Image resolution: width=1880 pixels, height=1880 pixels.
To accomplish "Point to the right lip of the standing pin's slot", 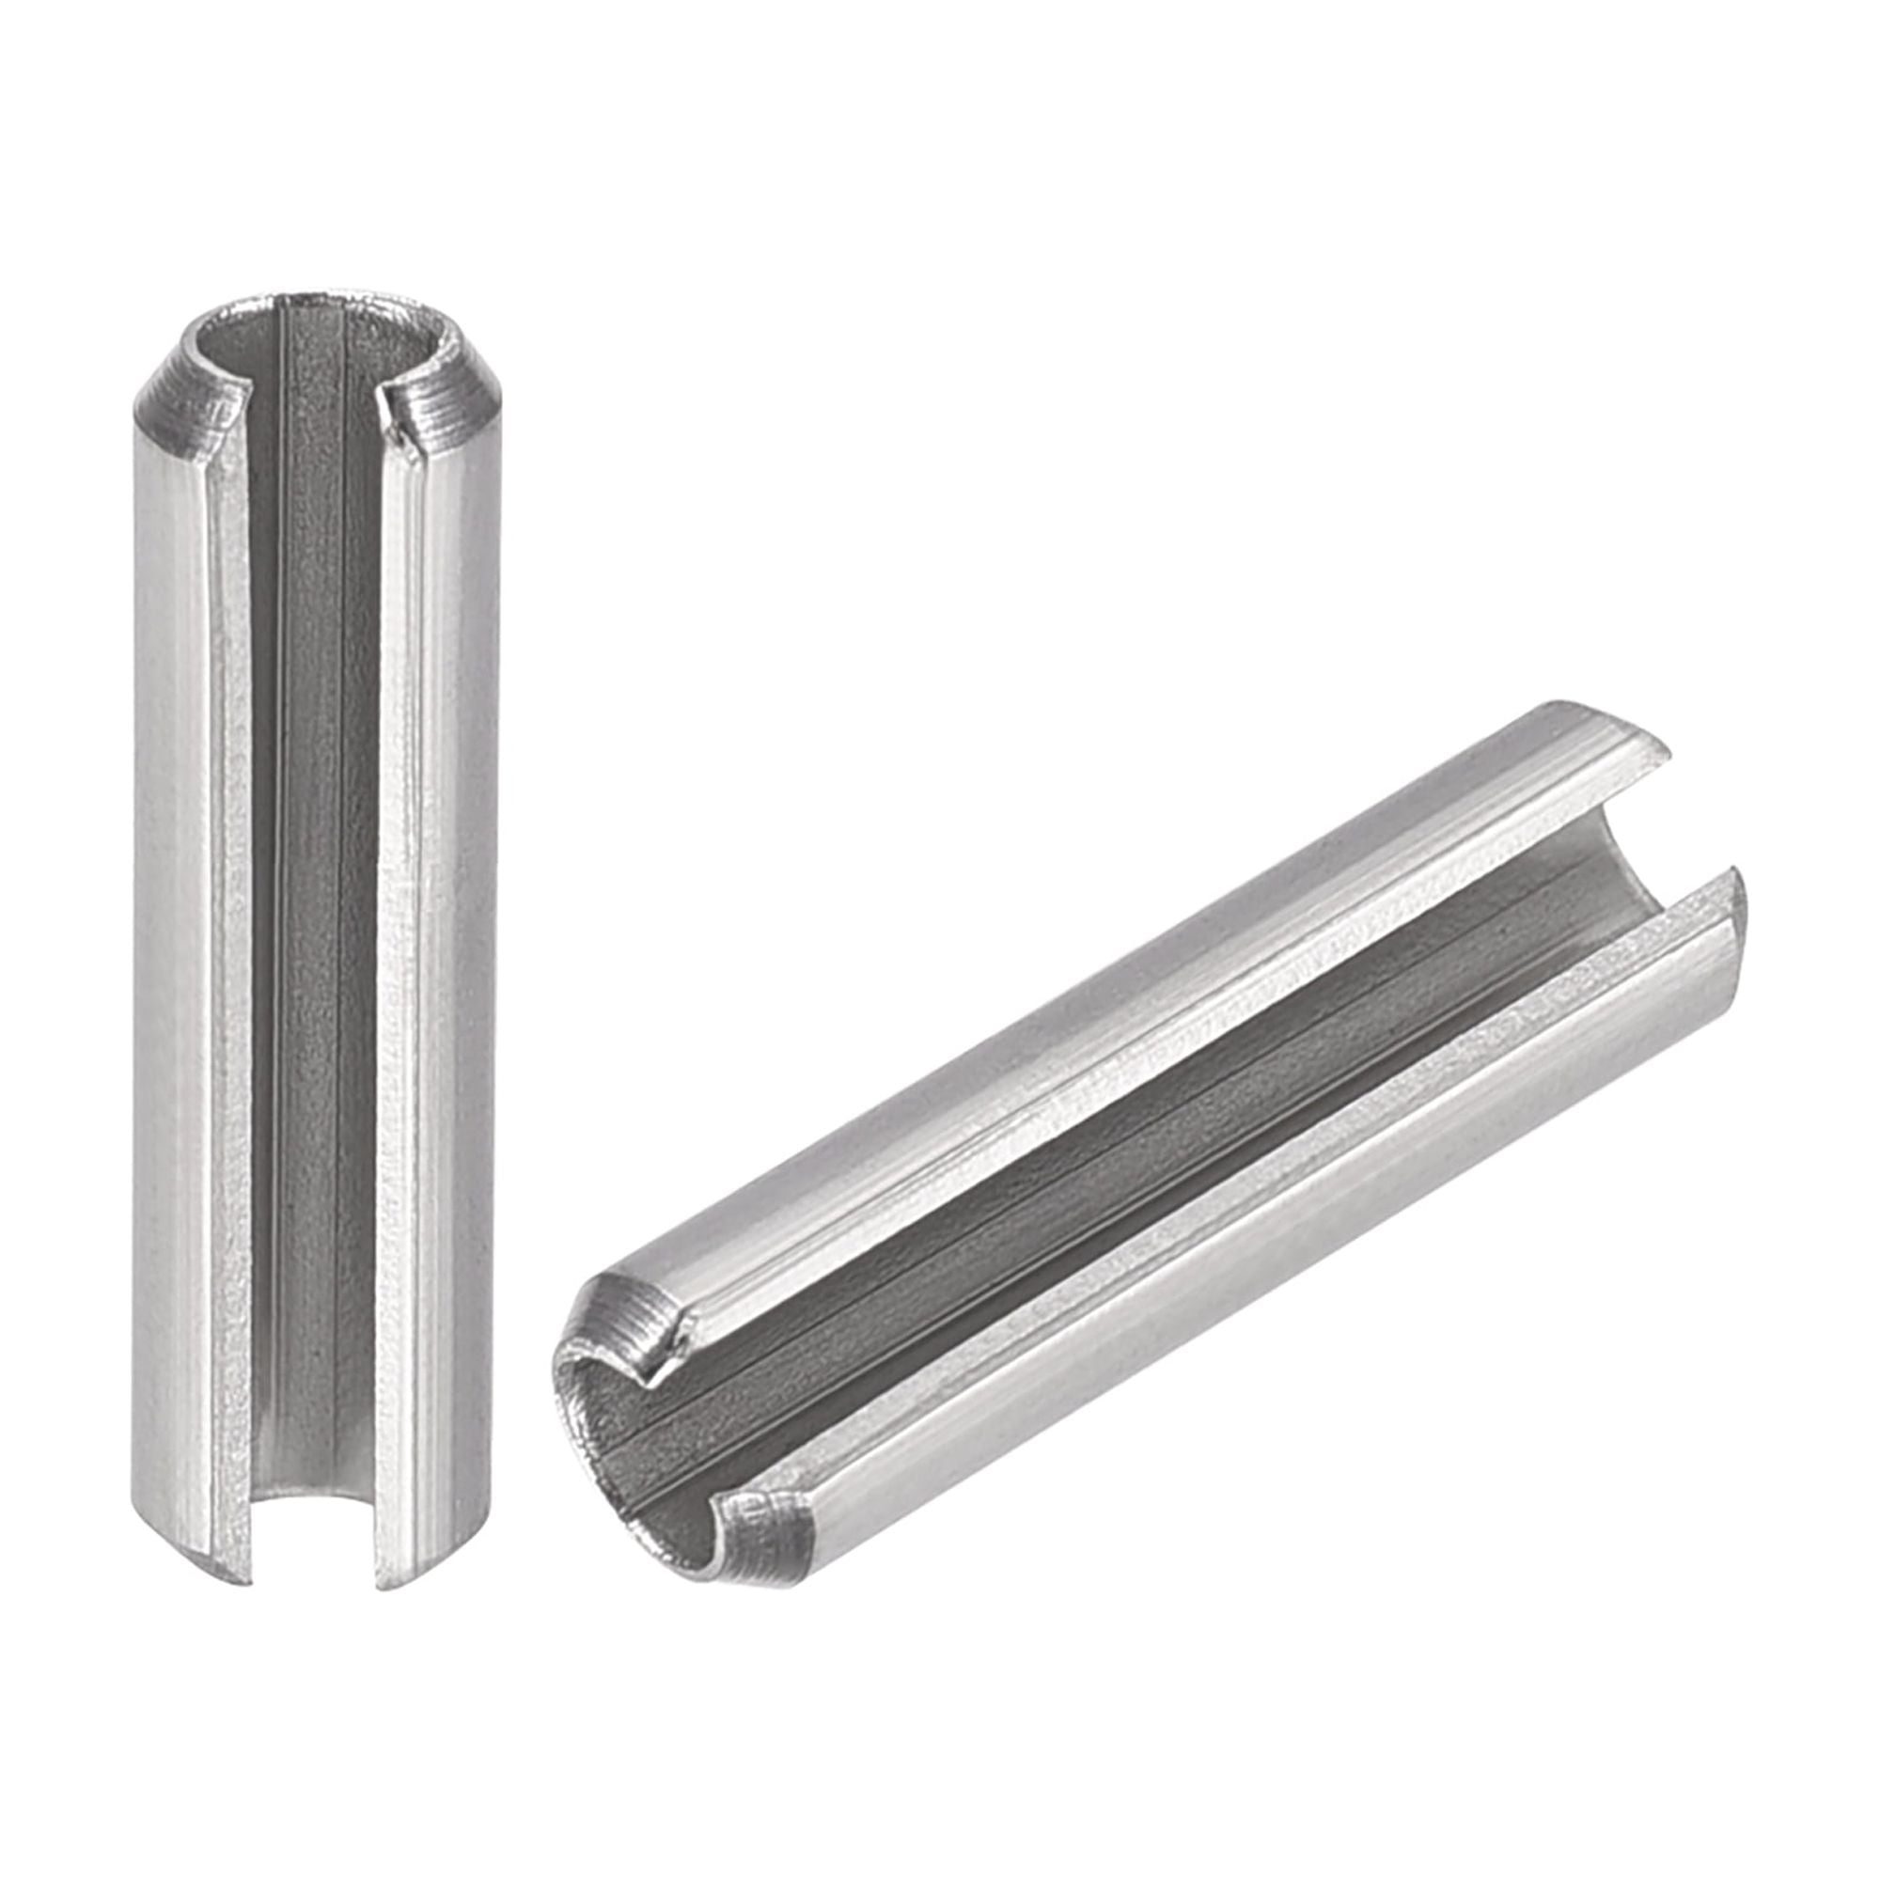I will click(x=389, y=876).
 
